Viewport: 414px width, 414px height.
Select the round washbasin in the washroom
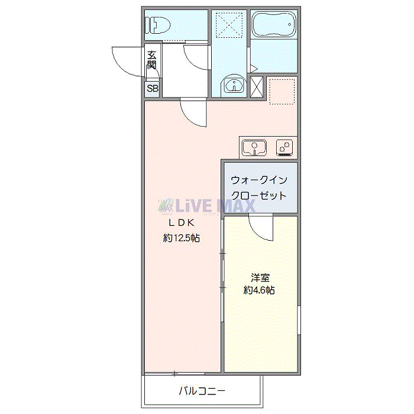234,86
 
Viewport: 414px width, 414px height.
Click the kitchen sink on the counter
255,147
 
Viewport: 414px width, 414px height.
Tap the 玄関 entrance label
152,60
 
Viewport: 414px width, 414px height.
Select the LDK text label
183,224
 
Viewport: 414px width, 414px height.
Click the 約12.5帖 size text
182,238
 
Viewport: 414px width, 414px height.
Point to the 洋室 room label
260,277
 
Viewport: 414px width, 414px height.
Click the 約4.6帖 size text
260,290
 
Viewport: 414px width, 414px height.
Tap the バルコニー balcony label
201,391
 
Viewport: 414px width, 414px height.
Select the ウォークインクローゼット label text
259,187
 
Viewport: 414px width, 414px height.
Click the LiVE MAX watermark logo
207,206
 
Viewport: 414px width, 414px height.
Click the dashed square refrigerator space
282,90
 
